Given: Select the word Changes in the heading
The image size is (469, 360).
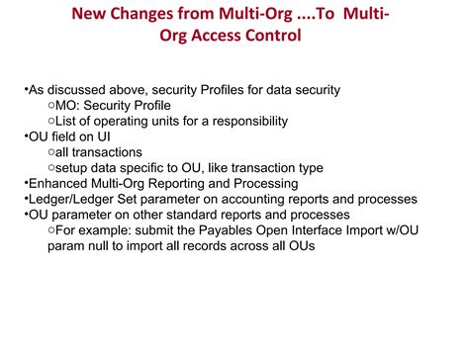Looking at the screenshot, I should (164, 16).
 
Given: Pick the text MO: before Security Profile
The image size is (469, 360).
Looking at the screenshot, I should (74, 105).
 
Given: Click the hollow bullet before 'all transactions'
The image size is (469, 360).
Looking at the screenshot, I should (50, 153).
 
